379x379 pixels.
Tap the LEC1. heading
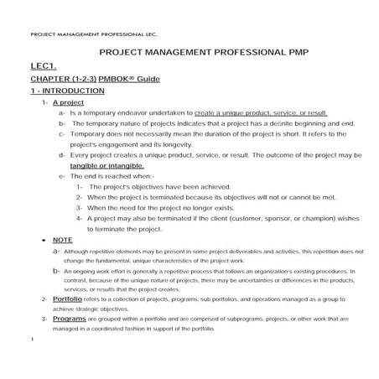(43, 65)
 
